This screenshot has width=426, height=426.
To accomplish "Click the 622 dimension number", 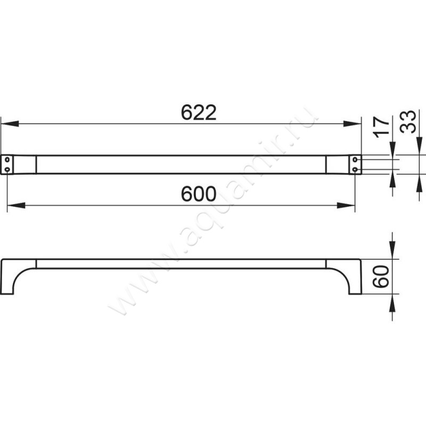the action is tap(199, 112).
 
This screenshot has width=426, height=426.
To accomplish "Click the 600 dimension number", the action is tap(199, 194).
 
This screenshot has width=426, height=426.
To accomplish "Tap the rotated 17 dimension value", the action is tap(381, 127).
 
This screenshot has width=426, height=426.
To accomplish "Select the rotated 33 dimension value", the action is tap(408, 122).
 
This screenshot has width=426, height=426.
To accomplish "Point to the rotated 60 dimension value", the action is tap(381, 276).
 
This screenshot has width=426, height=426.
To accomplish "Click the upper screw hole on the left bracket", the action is tap(7, 159).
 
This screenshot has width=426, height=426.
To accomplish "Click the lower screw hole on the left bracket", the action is tap(7, 169).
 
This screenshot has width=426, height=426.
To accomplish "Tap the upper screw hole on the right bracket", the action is tap(355, 159).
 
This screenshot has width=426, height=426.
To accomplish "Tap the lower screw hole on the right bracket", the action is tap(355, 169).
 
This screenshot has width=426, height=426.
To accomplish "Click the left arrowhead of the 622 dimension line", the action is tap(10, 124).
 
